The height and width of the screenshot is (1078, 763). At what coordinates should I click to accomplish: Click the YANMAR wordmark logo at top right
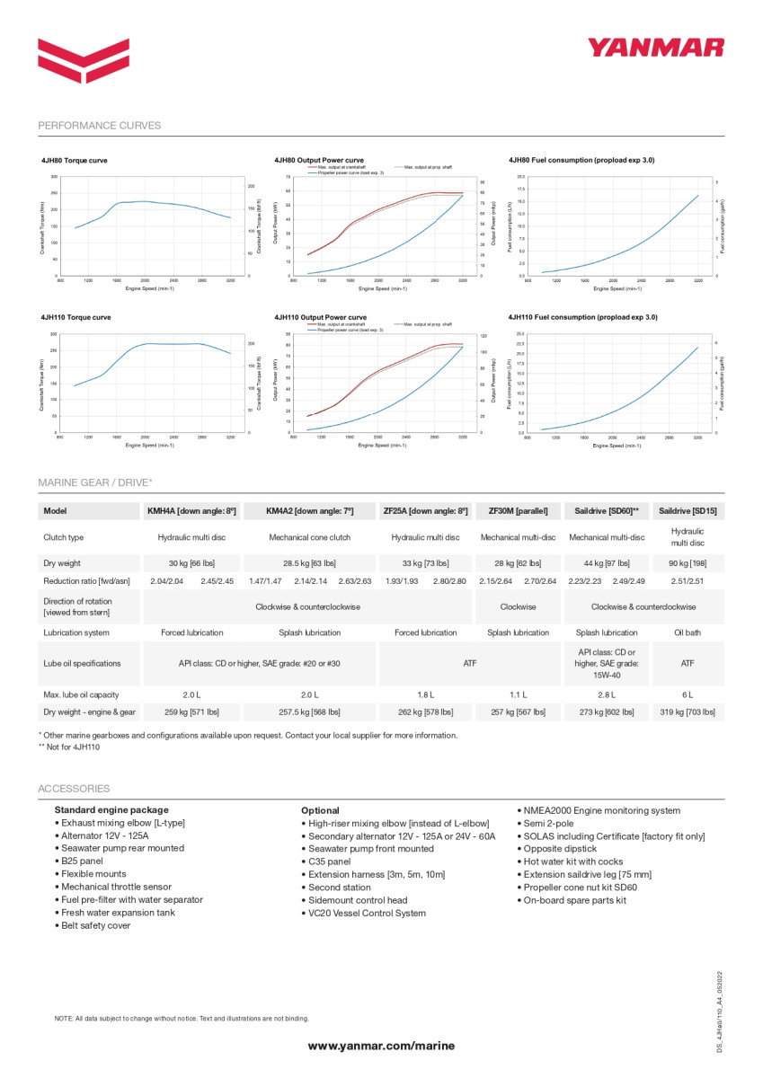coord(655,47)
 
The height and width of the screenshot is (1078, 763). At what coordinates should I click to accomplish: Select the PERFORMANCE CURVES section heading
coord(100,126)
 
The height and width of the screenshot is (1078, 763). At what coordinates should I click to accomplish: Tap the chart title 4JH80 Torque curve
coord(75,160)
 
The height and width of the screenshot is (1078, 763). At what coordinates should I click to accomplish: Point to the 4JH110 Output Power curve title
coord(320,317)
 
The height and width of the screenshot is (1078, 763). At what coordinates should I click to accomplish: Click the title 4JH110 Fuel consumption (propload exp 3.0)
coord(582,317)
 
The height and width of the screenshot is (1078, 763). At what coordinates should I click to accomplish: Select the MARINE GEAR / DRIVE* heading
coord(95,482)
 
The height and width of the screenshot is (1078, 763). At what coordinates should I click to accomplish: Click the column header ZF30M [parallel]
coord(518,511)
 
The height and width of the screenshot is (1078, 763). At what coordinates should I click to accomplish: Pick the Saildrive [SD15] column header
coord(688,511)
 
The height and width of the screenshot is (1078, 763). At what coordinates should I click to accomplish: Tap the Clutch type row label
coord(64,537)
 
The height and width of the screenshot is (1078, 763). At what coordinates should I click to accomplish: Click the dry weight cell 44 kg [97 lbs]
coord(607,563)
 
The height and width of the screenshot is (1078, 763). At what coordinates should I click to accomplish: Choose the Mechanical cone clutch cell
coord(310,537)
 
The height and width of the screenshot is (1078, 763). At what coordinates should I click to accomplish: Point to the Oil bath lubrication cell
coord(688,632)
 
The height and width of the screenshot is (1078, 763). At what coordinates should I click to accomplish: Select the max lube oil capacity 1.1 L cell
coord(518,694)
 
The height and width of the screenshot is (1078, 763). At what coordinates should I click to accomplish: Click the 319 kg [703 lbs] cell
coord(688,712)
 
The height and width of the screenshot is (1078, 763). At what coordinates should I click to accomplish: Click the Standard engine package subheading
coord(111,810)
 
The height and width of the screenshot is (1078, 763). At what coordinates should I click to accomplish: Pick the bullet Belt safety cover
coord(95,925)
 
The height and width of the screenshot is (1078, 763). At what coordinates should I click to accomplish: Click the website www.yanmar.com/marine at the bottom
coord(381,1046)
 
